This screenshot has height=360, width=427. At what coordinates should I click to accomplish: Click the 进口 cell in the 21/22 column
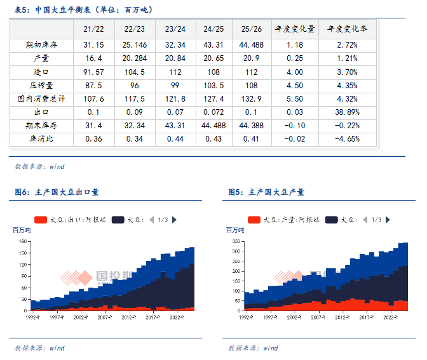click(x=93, y=72)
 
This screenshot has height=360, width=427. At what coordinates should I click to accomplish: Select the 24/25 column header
click(x=214, y=29)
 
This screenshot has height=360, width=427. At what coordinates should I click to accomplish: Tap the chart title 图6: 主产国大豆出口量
click(x=57, y=192)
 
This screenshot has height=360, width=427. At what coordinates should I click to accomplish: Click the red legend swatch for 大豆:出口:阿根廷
click(x=41, y=220)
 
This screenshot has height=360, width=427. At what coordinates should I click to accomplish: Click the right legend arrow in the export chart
click(x=174, y=220)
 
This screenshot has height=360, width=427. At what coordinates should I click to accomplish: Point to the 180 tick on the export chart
click(x=24, y=241)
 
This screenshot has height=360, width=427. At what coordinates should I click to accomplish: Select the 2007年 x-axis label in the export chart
click(x=104, y=316)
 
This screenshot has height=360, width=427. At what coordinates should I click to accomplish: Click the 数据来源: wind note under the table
click(x=39, y=166)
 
